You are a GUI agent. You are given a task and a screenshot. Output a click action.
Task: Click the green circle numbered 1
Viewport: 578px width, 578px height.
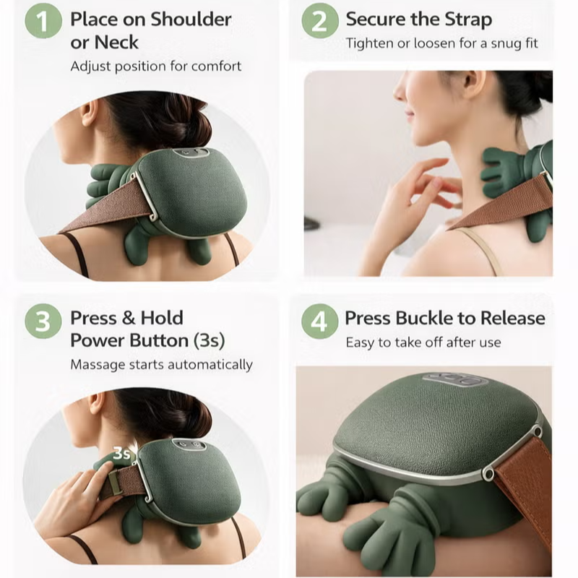pos(43,21)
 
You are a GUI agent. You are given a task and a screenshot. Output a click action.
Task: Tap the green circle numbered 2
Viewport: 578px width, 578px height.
pos(319,21)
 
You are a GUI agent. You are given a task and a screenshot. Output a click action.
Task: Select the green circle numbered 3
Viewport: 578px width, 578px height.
pos(43,321)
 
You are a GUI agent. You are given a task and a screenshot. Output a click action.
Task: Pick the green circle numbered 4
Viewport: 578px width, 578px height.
pos(319,321)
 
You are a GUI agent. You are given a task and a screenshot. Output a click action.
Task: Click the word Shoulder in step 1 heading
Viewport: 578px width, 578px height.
pos(191,20)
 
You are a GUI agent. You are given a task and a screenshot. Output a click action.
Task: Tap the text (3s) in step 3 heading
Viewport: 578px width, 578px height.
pos(210,340)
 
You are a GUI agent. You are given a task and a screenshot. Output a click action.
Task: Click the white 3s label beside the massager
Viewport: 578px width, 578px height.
pos(122,454)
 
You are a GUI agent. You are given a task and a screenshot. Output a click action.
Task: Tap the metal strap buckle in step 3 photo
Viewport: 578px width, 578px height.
pos(116,483)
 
